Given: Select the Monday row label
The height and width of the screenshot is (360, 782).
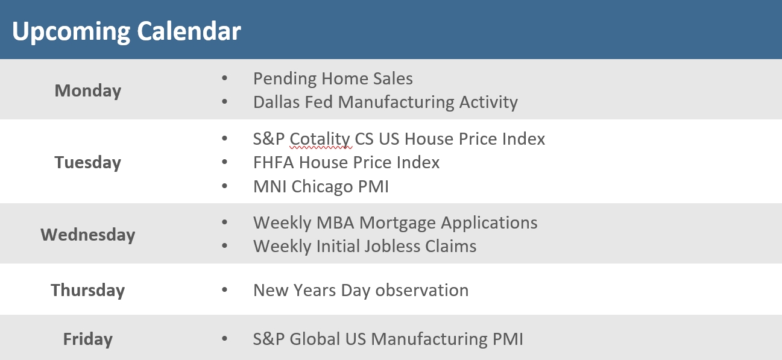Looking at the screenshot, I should [x=88, y=90].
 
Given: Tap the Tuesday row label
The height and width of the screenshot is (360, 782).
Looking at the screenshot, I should [x=88, y=162].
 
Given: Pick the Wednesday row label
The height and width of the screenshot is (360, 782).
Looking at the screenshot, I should [x=88, y=234].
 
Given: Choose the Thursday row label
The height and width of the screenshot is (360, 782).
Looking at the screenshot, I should [x=88, y=290].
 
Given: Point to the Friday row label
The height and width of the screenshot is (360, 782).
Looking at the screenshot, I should [x=88, y=339].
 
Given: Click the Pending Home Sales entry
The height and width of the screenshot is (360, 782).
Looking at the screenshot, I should [x=333, y=78].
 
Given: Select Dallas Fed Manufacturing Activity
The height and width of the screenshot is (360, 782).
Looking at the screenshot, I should [x=385, y=102].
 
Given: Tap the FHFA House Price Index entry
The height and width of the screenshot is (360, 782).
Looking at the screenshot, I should [x=346, y=162].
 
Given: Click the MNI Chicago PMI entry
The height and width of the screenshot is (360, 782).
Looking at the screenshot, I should [x=321, y=186].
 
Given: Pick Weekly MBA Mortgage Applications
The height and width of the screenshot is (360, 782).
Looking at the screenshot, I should [x=395, y=223].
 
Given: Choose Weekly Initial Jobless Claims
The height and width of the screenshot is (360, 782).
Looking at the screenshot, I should [x=365, y=246].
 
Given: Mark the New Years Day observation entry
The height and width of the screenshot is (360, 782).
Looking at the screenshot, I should [x=361, y=290].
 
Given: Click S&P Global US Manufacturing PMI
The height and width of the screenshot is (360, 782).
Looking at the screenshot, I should [x=388, y=339].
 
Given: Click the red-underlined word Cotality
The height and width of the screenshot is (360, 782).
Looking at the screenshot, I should [x=320, y=139].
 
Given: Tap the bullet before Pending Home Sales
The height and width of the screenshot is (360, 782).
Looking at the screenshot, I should [x=225, y=79].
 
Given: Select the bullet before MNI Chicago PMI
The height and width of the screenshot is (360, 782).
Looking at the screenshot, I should [x=225, y=187].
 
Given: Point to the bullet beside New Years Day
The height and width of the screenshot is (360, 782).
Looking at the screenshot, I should [x=225, y=291].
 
